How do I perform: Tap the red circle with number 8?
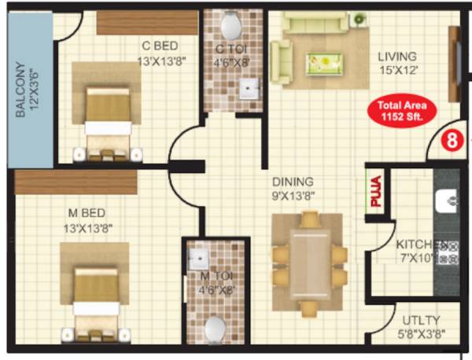[x=451, y=141]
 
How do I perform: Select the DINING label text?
[x=293, y=182]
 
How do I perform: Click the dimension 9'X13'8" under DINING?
[x=293, y=196]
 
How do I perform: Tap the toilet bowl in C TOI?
[x=230, y=28]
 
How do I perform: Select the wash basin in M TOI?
[x=198, y=257]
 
